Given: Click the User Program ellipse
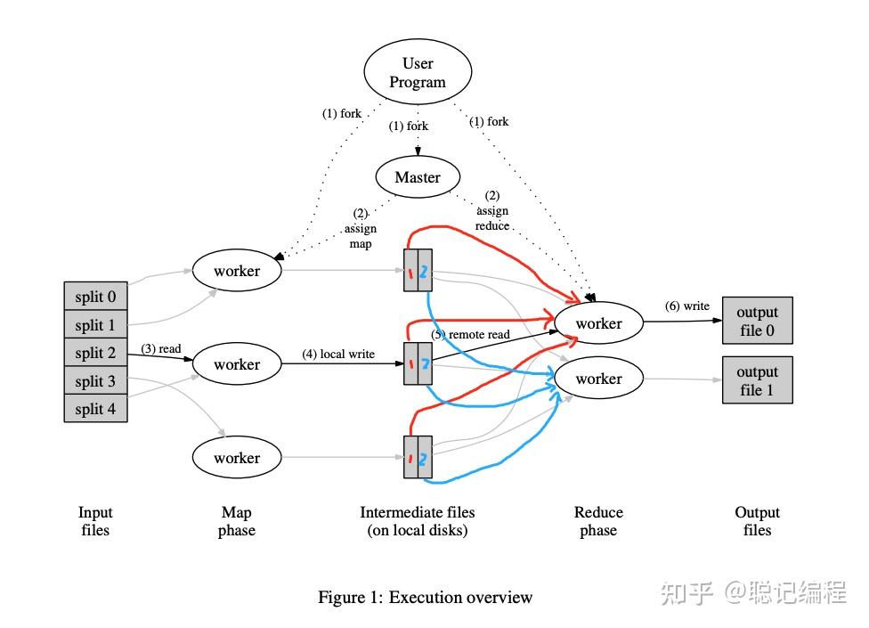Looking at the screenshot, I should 418,73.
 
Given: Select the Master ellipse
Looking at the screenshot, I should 418,177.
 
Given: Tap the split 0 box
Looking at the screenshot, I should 95,297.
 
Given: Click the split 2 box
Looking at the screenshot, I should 95,353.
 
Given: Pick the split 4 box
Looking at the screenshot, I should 95,409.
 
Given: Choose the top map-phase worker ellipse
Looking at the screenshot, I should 237,271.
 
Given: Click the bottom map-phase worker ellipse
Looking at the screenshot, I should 237,458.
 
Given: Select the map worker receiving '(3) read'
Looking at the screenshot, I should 237,364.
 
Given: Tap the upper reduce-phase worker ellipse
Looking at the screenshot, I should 598,323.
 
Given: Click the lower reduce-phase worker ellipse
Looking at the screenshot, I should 598,379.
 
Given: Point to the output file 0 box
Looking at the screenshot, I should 757,322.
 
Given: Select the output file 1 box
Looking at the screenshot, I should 757,380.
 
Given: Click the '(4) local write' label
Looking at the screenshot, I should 338,354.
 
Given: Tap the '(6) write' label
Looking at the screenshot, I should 687,306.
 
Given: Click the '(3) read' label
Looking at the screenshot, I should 161,348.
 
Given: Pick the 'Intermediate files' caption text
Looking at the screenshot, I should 417,512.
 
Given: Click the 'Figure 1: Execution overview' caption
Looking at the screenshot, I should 425,597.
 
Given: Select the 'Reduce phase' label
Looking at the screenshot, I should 598,521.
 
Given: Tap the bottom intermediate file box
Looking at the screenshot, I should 418,457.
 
